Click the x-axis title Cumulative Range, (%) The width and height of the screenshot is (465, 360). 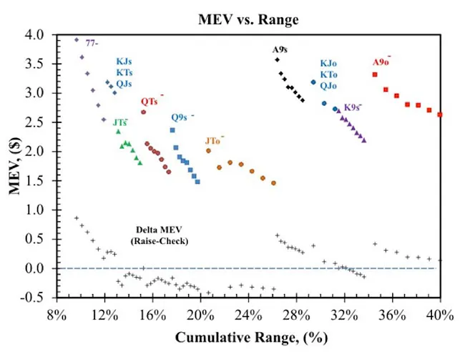tap(248, 337)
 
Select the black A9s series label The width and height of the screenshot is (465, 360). tap(280, 50)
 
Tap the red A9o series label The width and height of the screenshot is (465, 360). tap(381, 62)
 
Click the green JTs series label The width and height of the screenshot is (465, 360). tap(119, 122)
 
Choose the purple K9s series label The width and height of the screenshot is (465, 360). tap(352, 107)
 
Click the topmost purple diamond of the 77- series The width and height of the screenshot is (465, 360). tap(77, 40)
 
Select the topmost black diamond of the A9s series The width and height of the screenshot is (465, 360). tap(277, 60)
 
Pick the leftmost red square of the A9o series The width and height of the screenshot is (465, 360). tap(375, 74)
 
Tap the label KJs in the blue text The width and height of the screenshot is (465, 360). tap(124, 62)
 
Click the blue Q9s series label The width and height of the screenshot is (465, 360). tap(180, 117)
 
